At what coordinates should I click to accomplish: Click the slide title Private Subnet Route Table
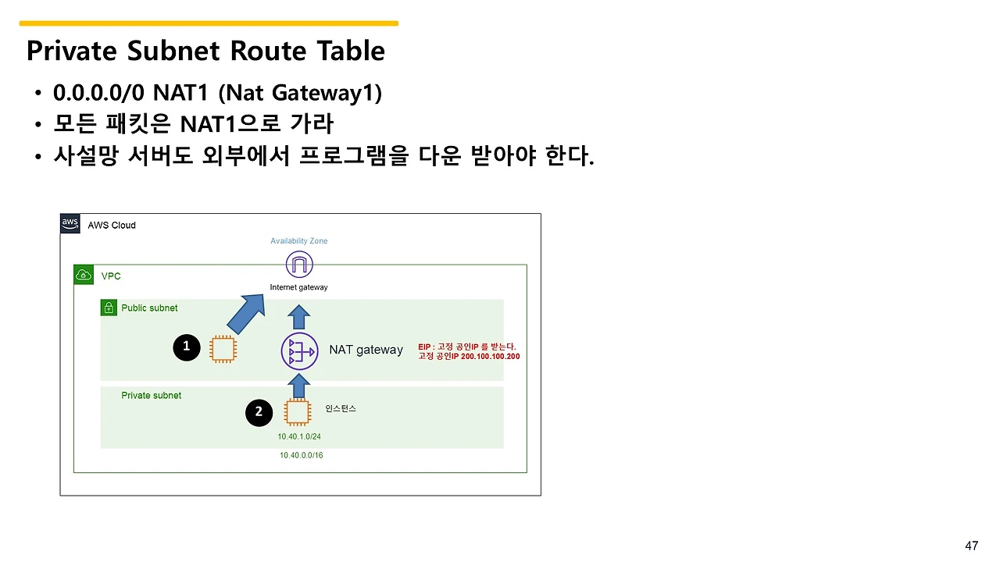point(205,51)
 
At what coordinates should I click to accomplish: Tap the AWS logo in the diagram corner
point(70,224)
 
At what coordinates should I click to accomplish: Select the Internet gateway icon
point(298,265)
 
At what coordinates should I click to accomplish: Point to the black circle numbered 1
point(186,347)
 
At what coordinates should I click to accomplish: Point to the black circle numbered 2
point(259,412)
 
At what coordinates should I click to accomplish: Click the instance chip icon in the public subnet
point(223,349)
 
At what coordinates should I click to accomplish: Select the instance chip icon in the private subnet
point(298,412)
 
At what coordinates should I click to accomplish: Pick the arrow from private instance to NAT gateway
point(298,384)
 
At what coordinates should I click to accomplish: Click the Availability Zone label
point(299,241)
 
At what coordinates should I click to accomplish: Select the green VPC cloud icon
point(84,276)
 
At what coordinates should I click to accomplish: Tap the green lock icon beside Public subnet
point(109,308)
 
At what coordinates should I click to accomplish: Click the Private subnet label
point(151,396)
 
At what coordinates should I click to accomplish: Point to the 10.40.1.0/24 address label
point(299,436)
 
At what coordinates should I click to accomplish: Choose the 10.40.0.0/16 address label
point(301,455)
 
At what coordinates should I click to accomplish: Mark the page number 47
point(972,546)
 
